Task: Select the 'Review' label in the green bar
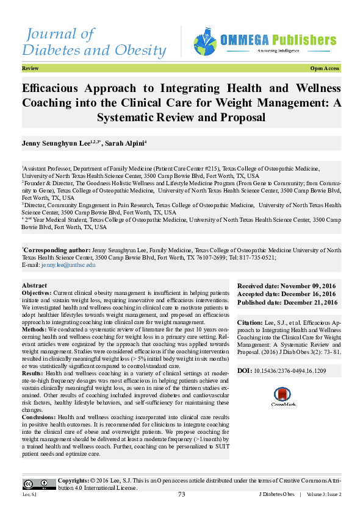pyautogui.click(x=30, y=69)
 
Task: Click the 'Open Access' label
pyautogui.click(x=325, y=69)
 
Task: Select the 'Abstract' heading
pyautogui.click(x=34, y=286)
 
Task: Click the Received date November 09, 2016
pyautogui.click(x=287, y=286)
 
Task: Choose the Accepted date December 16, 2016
pyautogui.click(x=287, y=294)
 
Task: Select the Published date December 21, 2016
pyautogui.click(x=287, y=302)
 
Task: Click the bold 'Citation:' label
pyautogui.click(x=250, y=320)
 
